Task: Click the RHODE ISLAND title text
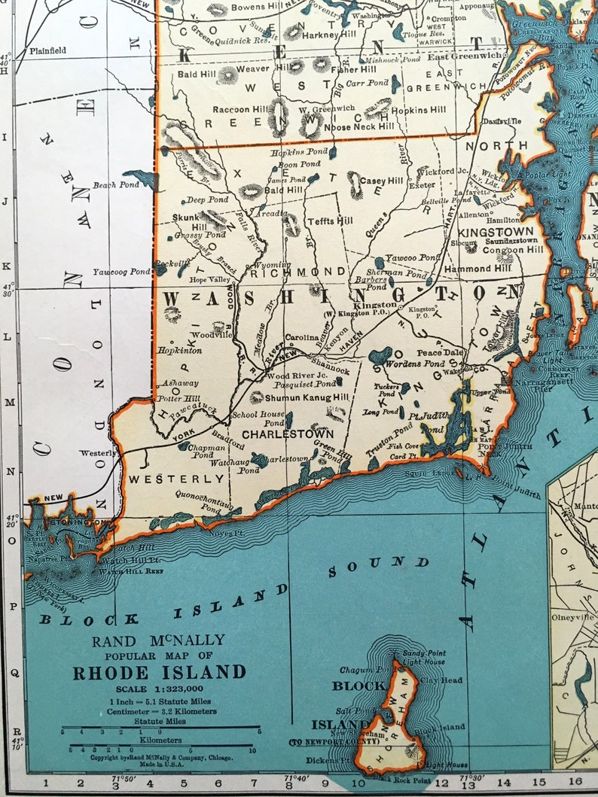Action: click(x=159, y=672)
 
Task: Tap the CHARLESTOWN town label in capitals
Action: click(x=288, y=434)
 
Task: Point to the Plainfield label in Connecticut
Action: click(x=47, y=50)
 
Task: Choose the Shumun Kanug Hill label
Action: click(x=307, y=397)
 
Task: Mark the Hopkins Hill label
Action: click(x=419, y=110)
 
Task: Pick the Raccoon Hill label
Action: click(x=241, y=110)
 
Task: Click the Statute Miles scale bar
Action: click(x=160, y=729)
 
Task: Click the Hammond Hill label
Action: click(x=477, y=268)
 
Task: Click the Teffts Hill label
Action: click(x=329, y=221)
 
